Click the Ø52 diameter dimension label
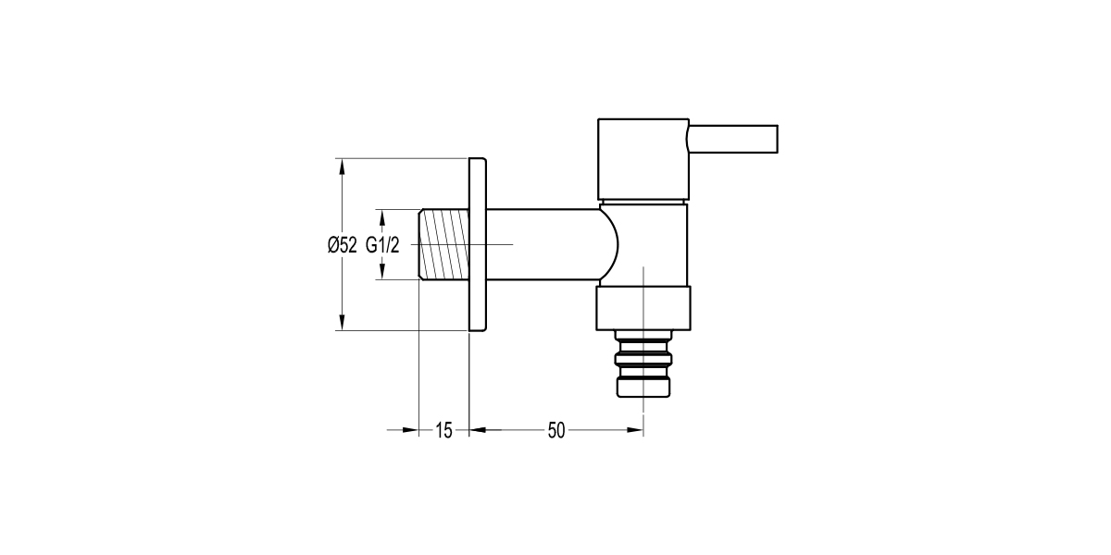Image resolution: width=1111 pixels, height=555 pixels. click(342, 245)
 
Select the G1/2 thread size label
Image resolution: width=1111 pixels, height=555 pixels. click(382, 245)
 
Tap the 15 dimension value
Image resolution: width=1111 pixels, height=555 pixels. click(443, 430)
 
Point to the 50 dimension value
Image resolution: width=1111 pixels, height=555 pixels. click(555, 430)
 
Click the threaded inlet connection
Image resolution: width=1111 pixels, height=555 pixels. click(444, 244)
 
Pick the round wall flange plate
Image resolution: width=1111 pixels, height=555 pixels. click(478, 244)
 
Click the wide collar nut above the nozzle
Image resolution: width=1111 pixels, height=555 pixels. click(643, 307)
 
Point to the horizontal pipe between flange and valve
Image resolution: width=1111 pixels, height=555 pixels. click(542, 244)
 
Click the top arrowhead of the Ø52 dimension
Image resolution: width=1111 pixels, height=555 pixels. click(343, 167)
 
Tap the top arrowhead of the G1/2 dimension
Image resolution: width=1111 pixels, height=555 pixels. click(383, 216)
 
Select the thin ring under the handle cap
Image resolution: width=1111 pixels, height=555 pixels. click(643, 201)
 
